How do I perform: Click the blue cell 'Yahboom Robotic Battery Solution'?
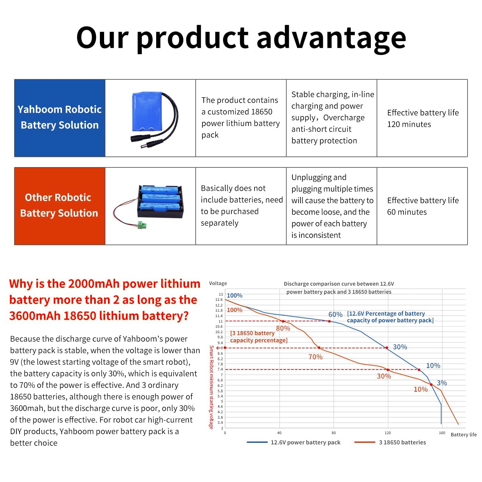click(60, 118)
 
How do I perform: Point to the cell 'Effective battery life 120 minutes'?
click(422, 118)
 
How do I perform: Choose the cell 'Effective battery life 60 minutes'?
click(422, 206)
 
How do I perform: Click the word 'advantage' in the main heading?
click(331, 38)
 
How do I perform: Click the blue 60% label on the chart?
click(335, 315)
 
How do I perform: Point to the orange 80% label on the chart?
click(283, 328)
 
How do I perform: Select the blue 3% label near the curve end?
click(442, 383)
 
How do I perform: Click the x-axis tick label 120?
click(388, 433)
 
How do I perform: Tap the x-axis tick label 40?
click(279, 433)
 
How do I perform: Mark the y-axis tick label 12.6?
click(219, 299)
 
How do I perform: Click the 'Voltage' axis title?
click(218, 283)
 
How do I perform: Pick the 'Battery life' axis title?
click(464, 435)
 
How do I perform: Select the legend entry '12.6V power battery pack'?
click(305, 442)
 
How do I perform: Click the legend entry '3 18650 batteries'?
click(402, 442)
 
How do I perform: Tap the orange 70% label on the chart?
click(315, 357)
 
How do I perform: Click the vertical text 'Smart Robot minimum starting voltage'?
click(211, 387)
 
